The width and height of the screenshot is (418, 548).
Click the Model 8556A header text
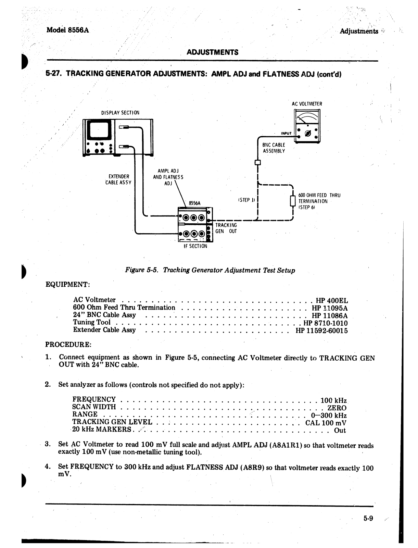coord(67,30)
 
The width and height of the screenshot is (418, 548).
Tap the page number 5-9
coord(368,519)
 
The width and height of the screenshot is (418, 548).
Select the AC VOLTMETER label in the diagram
coord(307,104)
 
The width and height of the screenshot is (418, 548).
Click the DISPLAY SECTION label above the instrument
coord(120,113)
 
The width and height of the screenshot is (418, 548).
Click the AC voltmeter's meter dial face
coord(307,119)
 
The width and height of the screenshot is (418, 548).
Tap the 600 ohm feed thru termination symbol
coord(293,201)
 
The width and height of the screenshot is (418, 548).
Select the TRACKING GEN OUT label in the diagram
coord(226,228)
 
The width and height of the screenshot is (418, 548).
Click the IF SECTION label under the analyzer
coord(195,246)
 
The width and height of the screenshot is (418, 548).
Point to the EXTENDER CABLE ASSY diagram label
coord(118,179)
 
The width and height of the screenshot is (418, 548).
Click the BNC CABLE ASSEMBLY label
coord(274,148)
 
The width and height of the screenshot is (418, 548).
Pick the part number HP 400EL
coord(332,301)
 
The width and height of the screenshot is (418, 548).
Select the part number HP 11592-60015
coord(321,331)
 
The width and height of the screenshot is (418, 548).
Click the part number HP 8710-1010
coord(326,323)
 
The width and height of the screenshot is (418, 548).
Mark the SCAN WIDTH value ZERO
coord(337,408)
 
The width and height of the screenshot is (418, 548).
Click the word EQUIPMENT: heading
coord(68,285)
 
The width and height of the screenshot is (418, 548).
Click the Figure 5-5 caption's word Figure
coord(135,270)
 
